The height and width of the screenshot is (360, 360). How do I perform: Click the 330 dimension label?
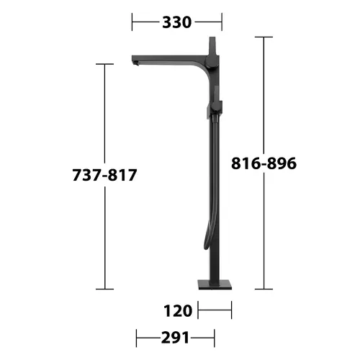pyautogui.click(x=177, y=22)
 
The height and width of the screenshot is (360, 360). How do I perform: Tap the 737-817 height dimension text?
pyautogui.click(x=104, y=175)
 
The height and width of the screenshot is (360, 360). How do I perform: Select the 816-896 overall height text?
pyautogui.click(x=264, y=163)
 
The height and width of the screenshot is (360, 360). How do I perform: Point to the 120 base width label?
pyautogui.click(x=178, y=311)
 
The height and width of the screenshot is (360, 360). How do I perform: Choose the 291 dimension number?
pyautogui.click(x=175, y=338)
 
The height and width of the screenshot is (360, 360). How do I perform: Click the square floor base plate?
pyautogui.click(x=215, y=284)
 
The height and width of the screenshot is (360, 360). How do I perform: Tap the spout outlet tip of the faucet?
pyautogui.click(x=135, y=63)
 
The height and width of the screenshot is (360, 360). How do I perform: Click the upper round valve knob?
pyautogui.click(x=212, y=61)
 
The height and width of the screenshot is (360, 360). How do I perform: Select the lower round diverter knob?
pyautogui.click(x=216, y=107)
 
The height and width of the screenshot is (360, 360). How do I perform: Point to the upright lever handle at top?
pyautogui.click(x=213, y=46)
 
